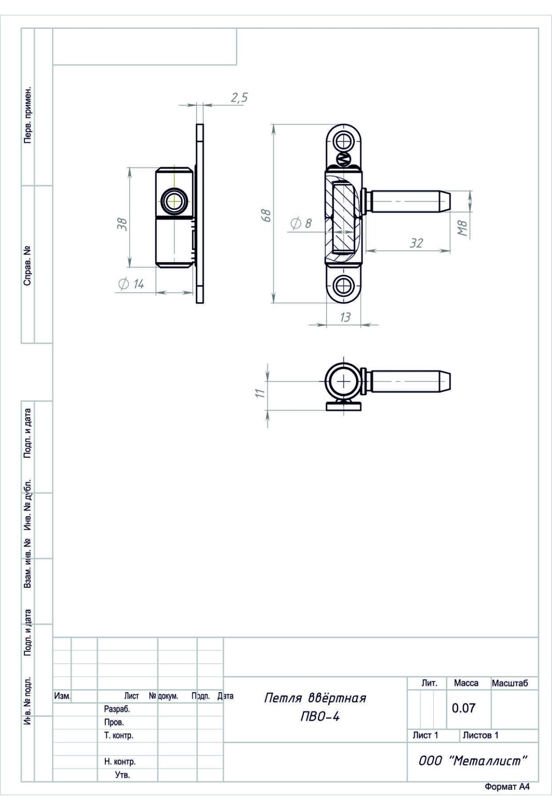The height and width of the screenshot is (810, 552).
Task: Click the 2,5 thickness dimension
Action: point(239,98)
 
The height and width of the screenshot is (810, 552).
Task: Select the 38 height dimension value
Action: point(123,224)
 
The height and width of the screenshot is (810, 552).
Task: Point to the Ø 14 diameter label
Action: point(132,284)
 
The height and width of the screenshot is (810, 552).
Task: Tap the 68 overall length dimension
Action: point(266,215)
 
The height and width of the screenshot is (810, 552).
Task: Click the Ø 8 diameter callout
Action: point(301,224)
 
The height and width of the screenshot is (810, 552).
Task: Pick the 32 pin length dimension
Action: point(416,243)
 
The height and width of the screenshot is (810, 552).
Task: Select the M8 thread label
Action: point(462,229)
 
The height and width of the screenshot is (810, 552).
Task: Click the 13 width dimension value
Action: point(345,317)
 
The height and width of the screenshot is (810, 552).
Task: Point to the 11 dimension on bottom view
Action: point(260,393)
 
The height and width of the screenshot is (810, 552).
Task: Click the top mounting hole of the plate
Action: point(344,140)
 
